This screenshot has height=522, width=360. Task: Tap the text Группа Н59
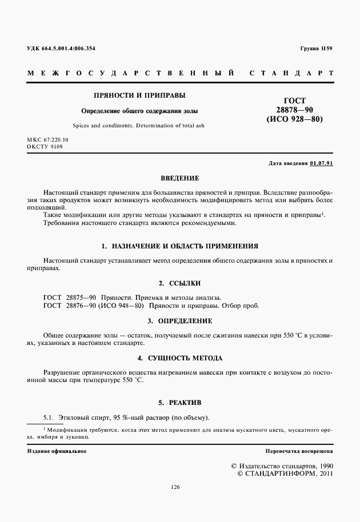tap(316, 49)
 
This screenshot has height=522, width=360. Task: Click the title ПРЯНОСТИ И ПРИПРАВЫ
tap(135, 95)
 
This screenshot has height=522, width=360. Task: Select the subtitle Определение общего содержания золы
tap(135, 111)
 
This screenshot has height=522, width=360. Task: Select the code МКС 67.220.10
tap(47, 140)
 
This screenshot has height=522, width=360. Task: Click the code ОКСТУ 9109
tap(45, 147)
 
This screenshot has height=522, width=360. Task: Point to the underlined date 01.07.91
tap(321, 163)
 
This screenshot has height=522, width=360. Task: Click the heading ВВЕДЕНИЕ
tap(179, 178)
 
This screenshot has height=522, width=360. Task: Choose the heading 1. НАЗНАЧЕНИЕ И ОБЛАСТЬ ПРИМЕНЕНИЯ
tap(179, 246)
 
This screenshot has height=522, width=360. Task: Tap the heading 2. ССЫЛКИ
tap(179, 283)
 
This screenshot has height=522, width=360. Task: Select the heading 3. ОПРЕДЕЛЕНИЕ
tap(179, 321)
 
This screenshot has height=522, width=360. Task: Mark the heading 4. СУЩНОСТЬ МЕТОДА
tap(179, 358)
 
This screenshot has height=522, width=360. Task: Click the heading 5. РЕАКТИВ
tap(179, 401)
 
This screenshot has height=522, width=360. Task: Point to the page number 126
tap(175, 487)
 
